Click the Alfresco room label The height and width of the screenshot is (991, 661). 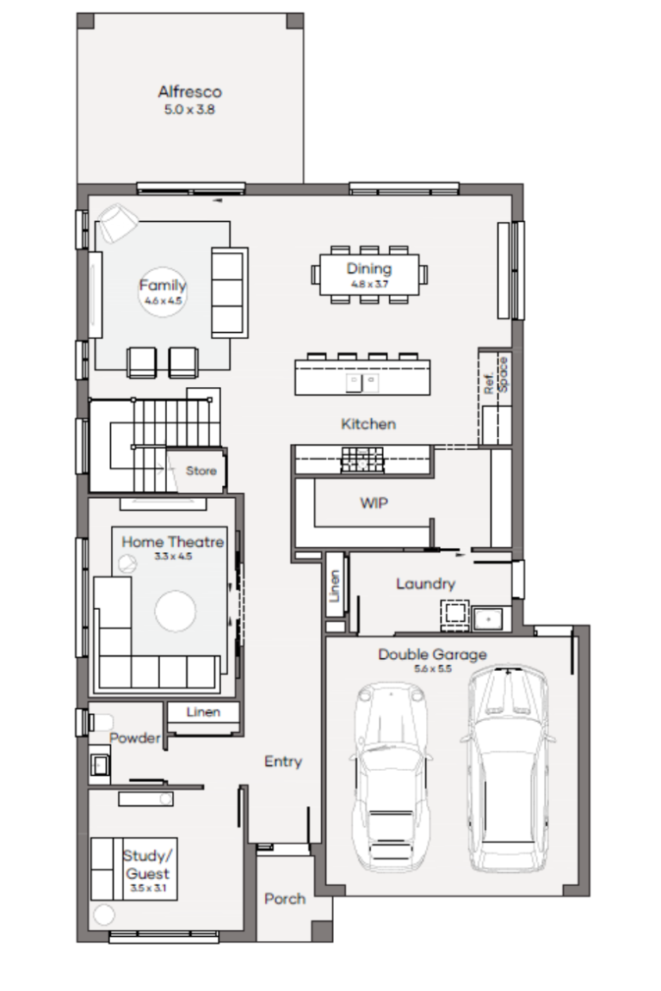189,92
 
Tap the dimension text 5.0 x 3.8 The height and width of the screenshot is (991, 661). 189,109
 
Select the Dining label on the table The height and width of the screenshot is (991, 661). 368,268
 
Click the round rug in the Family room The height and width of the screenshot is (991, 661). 163,292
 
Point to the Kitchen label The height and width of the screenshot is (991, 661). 368,423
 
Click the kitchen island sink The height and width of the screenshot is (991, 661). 361,382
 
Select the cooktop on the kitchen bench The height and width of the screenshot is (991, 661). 362,459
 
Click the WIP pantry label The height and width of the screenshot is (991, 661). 374,503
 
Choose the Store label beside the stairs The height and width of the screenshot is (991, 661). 201,471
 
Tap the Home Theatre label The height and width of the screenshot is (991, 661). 173,542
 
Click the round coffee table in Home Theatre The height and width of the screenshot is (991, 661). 176,611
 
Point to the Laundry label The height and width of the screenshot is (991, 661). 426,583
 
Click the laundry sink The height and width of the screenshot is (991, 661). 488,619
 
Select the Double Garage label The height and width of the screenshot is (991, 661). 433,654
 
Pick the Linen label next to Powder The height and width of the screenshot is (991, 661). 203,711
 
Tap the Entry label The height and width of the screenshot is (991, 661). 283,761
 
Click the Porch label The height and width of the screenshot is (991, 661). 285,898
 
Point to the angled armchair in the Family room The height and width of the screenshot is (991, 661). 118,222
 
